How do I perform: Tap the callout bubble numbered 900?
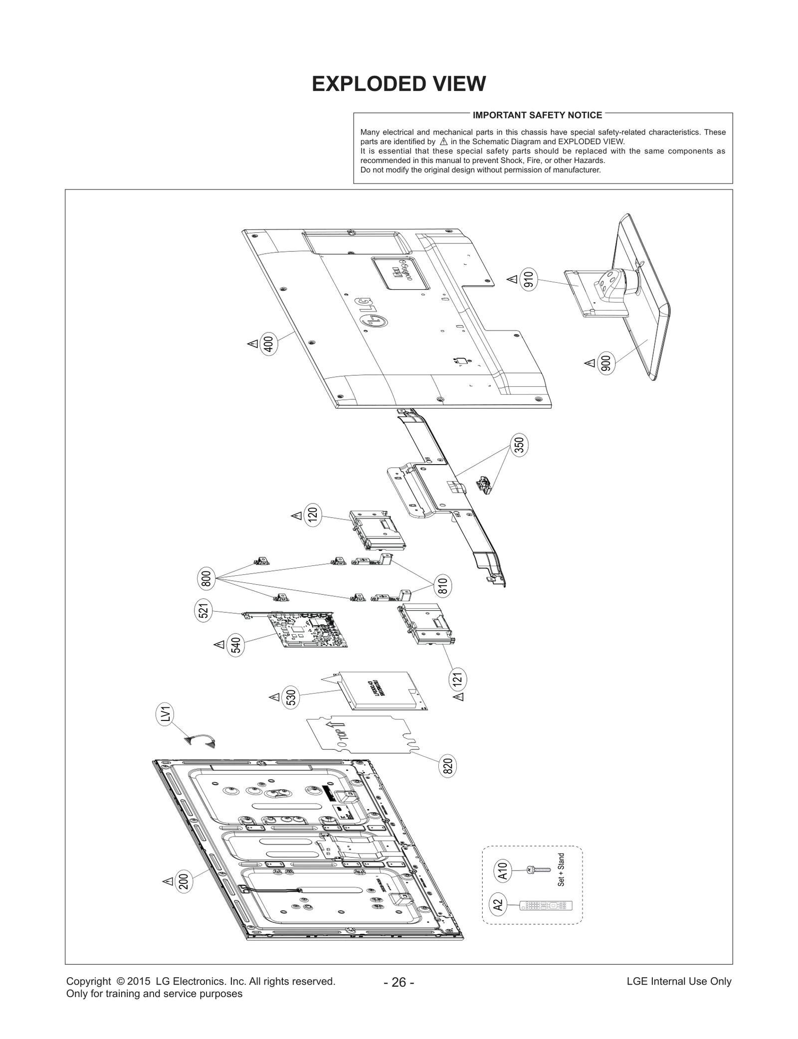tap(606, 363)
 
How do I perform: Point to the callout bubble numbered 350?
tap(519, 445)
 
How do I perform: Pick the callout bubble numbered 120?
tap(313, 515)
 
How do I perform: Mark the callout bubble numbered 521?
tap(203, 611)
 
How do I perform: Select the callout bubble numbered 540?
tap(236, 645)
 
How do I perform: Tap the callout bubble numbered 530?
tap(291, 697)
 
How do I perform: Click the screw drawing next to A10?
tap(538, 870)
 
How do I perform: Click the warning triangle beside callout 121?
tap(459, 696)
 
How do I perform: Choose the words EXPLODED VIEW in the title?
tap(399, 84)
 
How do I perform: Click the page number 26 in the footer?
tap(399, 982)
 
